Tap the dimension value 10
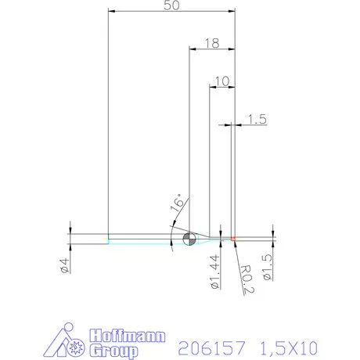click(x=221, y=81)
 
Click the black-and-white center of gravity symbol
click(x=188, y=238)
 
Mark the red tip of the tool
click(x=233, y=237)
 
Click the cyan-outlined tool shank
click(x=141, y=238)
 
